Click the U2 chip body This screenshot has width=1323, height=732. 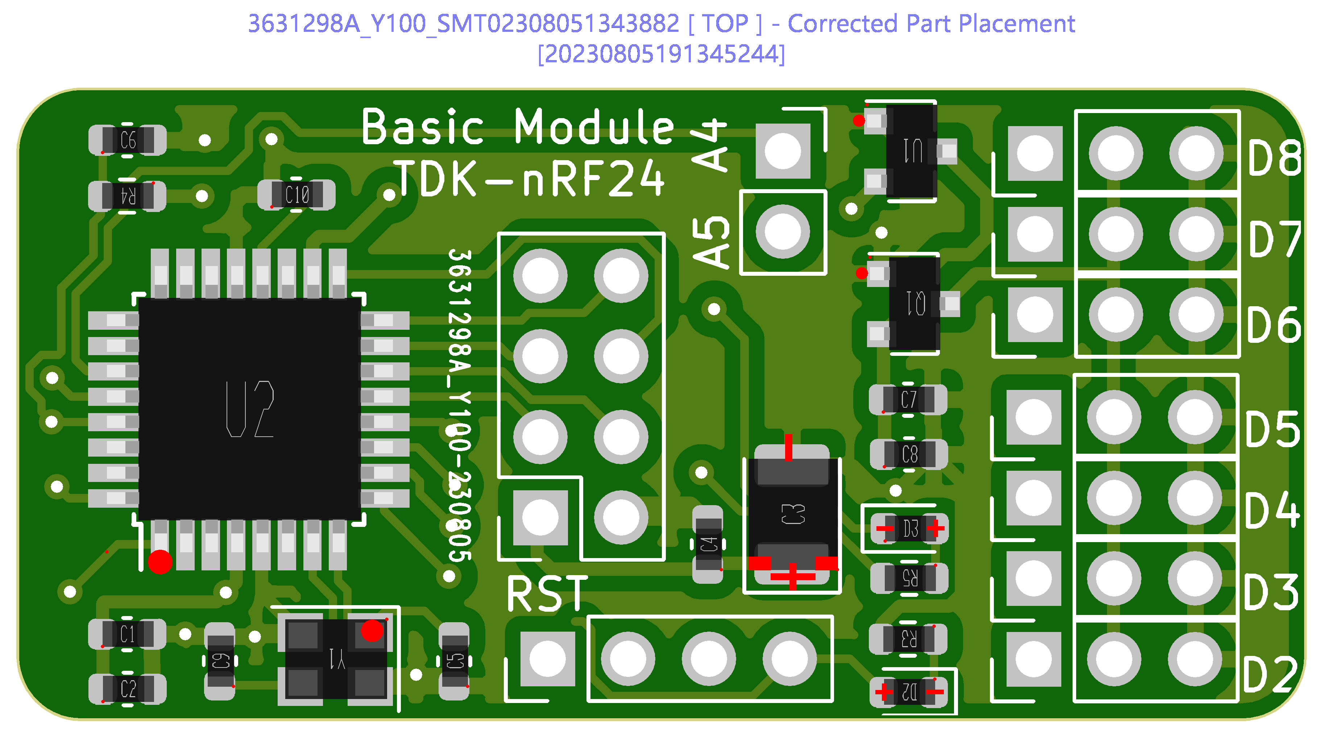coord(250,409)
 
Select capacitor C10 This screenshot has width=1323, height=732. coord(296,195)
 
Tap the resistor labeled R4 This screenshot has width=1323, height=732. coord(127,196)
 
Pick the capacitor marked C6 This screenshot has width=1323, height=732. coord(127,140)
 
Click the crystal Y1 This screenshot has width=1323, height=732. coord(336,658)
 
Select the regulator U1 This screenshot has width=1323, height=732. coord(912,151)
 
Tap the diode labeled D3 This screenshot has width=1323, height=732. coord(909,528)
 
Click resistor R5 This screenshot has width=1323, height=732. coord(909,578)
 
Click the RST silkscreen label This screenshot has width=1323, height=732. coord(547,594)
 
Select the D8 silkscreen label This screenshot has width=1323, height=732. coord(1274,157)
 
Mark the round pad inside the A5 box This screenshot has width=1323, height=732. coord(783,232)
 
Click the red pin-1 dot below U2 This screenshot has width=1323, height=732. coord(160,562)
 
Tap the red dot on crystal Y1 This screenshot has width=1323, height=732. coord(372,631)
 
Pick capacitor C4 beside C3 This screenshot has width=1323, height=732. coord(708,544)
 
